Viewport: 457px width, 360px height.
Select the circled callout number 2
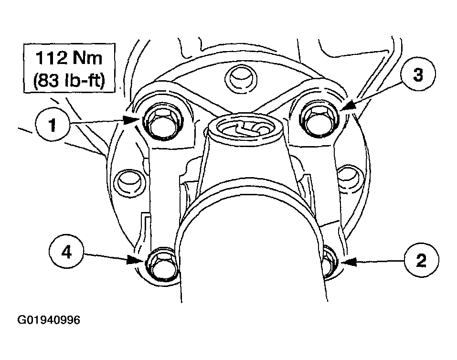coord(421,260)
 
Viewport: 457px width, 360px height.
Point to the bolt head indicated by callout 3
coord(319,118)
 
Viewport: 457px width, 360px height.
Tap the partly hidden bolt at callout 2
coord(329,262)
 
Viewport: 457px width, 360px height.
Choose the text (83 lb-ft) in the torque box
coord(69,80)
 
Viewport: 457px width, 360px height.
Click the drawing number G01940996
coord(49,320)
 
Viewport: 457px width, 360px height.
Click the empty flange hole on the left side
coord(128,181)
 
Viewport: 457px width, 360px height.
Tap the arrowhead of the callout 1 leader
coord(130,120)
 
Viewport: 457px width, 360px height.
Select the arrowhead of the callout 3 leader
coord(348,106)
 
